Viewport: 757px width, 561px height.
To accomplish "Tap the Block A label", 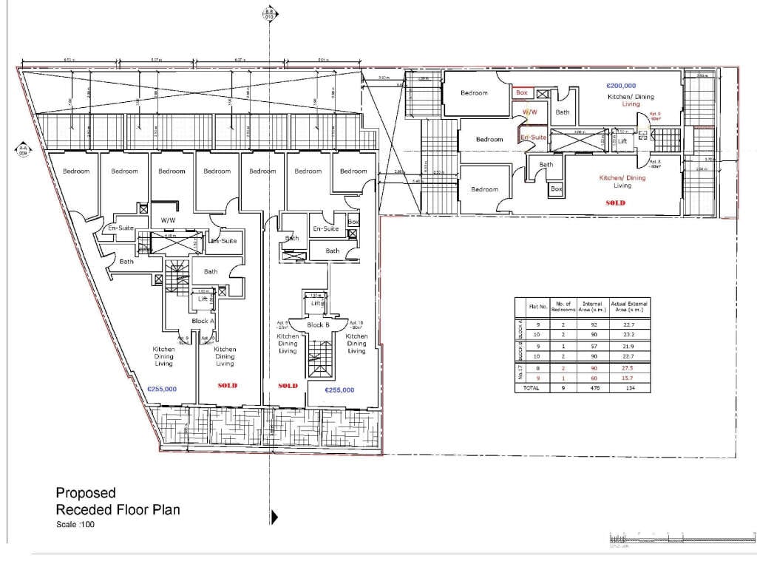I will point(202,321).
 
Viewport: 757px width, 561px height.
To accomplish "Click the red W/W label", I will point(529,112).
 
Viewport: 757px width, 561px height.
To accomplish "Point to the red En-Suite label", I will point(532,137).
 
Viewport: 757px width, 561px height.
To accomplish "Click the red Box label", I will point(522,93).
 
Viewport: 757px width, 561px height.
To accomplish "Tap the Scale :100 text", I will point(75,525).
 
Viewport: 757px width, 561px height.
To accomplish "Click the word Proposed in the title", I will point(86,493).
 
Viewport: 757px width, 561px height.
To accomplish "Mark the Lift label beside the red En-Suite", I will point(622,140).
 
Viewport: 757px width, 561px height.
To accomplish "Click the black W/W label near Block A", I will point(168,220).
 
